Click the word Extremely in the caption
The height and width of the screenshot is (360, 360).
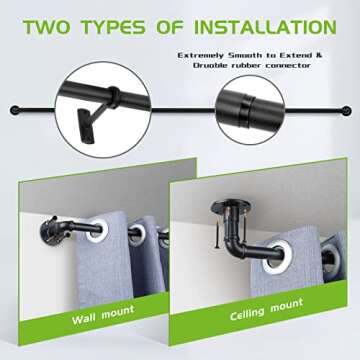click(x=207, y=55)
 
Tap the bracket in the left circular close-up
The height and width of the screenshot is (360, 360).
click(x=106, y=121)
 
